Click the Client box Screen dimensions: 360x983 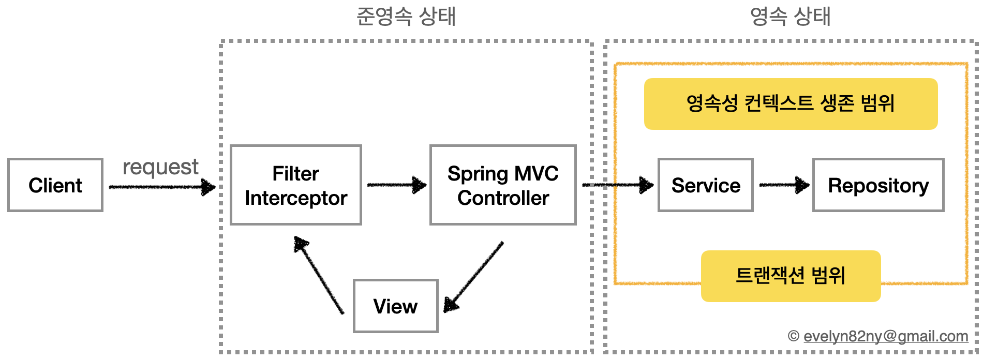(x=55, y=185)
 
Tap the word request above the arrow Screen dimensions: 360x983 (x=160, y=167)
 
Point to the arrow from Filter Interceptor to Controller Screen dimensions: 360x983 (x=396, y=185)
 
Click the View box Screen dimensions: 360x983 (x=395, y=306)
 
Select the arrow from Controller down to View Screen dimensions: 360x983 (x=474, y=277)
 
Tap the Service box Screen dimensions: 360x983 (x=705, y=185)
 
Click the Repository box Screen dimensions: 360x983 (x=878, y=185)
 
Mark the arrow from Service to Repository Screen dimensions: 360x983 (x=783, y=185)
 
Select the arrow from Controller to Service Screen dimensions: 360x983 (x=618, y=185)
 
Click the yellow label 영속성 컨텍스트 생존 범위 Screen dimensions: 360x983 (x=791, y=103)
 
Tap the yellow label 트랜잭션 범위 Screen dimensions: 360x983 (x=791, y=276)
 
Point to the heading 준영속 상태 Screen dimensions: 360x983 (x=406, y=17)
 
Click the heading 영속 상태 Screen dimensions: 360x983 (x=790, y=17)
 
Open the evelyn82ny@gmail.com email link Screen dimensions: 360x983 (x=885, y=336)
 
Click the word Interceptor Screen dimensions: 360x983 (x=296, y=198)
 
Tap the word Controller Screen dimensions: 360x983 (x=503, y=198)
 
